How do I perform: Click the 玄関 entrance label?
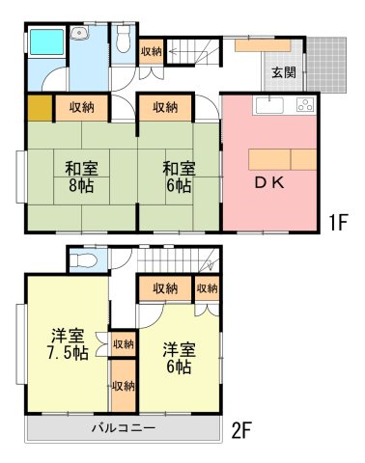pos(283,72)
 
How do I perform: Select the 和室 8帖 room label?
pos(81,175)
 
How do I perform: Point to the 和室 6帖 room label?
pos(178,175)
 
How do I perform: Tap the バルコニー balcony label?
pos(125,427)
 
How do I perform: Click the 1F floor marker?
pos(337,223)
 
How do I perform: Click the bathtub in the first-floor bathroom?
pos(44,42)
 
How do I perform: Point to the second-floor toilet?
pos(83,259)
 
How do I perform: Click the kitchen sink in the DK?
pos(267,104)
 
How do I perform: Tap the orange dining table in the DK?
pos(281,159)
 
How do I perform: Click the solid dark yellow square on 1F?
pos(39,108)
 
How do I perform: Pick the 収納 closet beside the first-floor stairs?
pos(151,51)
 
